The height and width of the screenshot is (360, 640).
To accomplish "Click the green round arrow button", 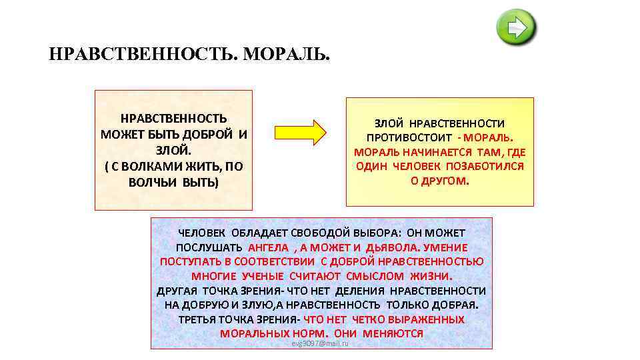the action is click(x=517, y=28).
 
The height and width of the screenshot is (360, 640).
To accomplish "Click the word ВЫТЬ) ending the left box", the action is click(x=200, y=182).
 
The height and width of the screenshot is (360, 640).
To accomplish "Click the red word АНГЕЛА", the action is click(x=269, y=248).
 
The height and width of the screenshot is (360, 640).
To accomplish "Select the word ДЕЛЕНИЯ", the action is click(x=361, y=291).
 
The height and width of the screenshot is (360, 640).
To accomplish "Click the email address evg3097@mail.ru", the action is click(x=320, y=343).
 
